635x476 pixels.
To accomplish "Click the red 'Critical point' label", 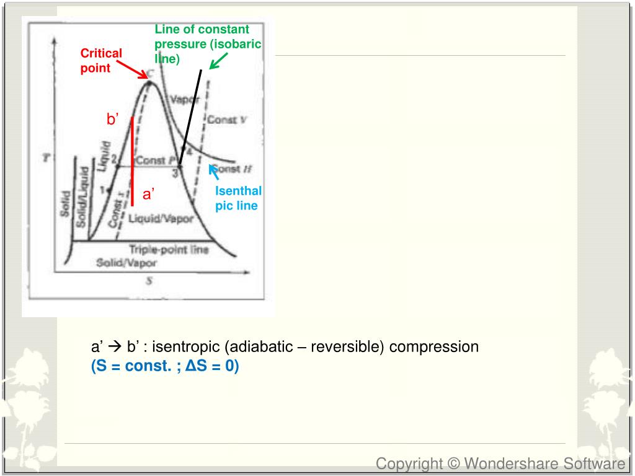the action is tap(101, 61).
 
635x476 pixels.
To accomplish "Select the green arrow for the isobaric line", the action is tap(218, 61).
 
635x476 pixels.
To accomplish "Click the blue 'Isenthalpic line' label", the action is tap(238, 198).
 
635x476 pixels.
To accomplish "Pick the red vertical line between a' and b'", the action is tap(132, 161).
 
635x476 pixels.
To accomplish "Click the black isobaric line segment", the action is tap(190, 118).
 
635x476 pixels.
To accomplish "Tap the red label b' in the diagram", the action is tap(112, 120).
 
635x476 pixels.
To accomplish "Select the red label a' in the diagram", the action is tap(148, 194).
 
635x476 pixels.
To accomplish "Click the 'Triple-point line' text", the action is tap(169, 249).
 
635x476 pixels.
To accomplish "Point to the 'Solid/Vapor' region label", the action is tap(127, 263).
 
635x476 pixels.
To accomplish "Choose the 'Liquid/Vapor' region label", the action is tap(161, 219).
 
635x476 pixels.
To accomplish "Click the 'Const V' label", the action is tap(226, 120).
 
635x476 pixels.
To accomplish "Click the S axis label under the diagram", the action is tap(149, 281).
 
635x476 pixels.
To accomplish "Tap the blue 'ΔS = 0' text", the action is tap(211, 366).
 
